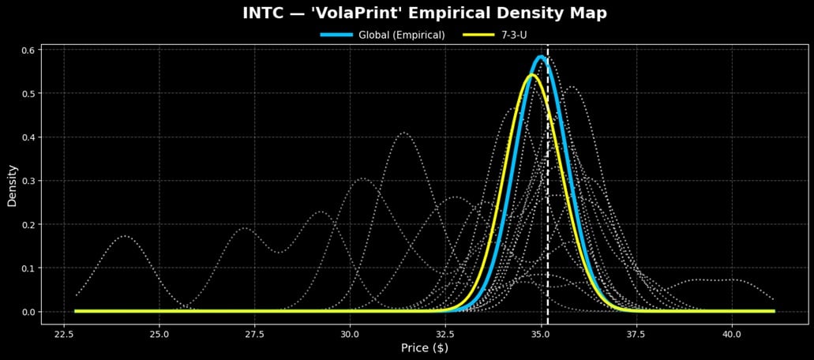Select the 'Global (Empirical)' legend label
(x=401, y=35)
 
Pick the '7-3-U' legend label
(x=514, y=35)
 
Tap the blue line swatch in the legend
(x=336, y=35)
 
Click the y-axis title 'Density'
(x=12, y=185)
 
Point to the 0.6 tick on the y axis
(x=29, y=50)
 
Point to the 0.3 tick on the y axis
(x=29, y=181)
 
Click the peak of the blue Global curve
(x=541, y=57)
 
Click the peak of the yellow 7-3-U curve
(x=531, y=75)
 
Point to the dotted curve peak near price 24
(x=125, y=236)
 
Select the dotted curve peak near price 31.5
(x=404, y=133)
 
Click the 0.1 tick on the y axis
(x=29, y=268)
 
